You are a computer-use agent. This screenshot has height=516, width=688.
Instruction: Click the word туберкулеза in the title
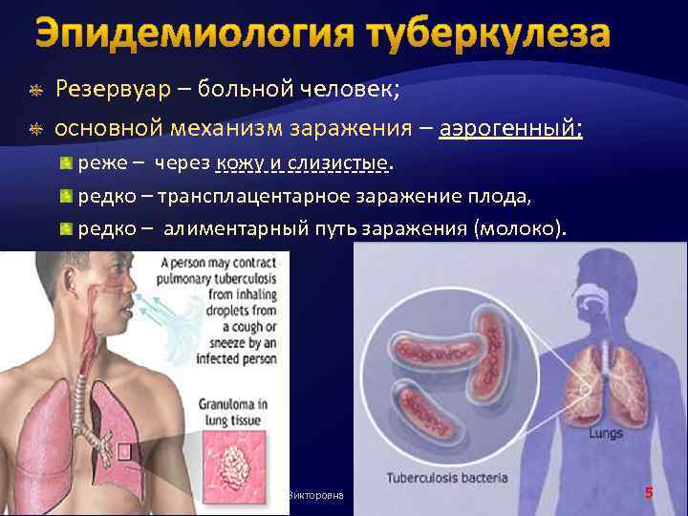[x=486, y=35]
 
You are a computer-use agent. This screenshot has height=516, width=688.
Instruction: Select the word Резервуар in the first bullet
[x=113, y=89]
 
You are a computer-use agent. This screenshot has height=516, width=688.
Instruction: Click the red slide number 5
[x=649, y=493]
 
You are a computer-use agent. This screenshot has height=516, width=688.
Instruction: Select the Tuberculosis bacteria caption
[x=447, y=477]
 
